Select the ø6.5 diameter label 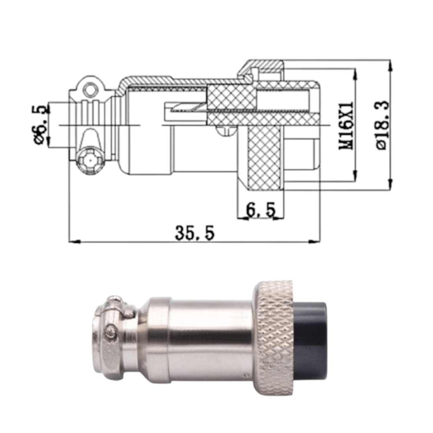pos(39,124)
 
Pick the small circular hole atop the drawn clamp pos(90,90)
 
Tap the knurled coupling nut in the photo pos(274,337)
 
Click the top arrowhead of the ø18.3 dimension pos(391,66)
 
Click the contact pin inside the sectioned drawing pos(186,108)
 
